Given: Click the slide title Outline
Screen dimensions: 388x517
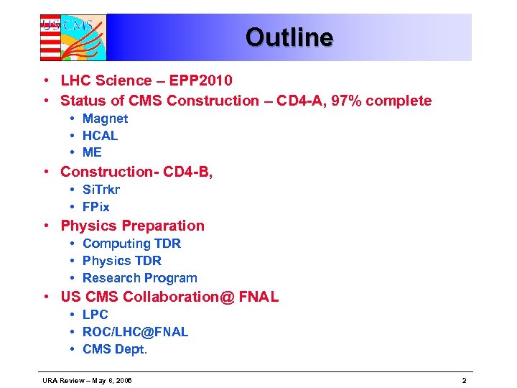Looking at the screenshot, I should coord(289,37).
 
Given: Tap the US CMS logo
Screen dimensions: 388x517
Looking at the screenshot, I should coord(73,37).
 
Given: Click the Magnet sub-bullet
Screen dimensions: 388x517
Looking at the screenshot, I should coord(105,119).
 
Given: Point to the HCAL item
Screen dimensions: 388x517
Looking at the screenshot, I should coord(100,136).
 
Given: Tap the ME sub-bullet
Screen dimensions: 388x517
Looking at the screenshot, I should coord(92,152).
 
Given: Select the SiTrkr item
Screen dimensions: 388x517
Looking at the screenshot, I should coord(101,190).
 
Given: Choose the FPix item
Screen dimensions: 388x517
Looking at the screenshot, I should coord(96,207).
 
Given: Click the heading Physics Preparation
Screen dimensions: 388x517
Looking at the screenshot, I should coord(132,226).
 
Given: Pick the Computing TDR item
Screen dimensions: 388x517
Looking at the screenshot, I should coord(131,244).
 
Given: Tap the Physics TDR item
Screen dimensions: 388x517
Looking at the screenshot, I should coord(122,261).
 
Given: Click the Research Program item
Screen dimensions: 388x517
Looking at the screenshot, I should coord(139,278).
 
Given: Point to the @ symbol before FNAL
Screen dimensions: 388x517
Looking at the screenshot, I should coord(228,297).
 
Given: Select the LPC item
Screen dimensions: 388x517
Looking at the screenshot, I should coord(95,315).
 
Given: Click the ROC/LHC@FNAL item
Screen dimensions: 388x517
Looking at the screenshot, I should coord(135,332).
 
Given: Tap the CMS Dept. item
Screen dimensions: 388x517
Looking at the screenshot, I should coord(114,349).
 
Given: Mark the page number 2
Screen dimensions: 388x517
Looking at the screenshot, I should coord(464,379).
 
